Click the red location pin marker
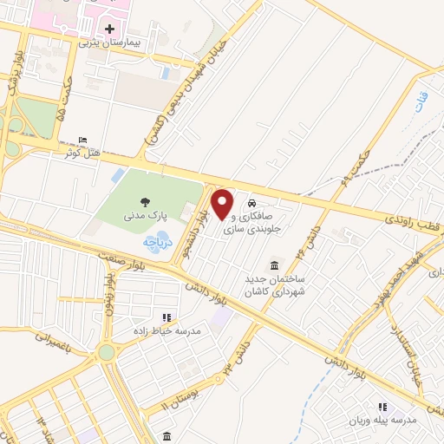pyautogui.click(x=223, y=205)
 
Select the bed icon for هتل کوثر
pyautogui.click(x=82, y=140)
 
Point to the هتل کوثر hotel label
pyautogui.click(x=82, y=153)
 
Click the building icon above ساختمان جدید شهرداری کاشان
pyautogui.click(x=275, y=264)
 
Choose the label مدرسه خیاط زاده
pyautogui.click(x=161, y=331)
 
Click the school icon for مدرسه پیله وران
pyautogui.click(x=382, y=406)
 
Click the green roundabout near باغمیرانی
pyautogui.click(x=107, y=352)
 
